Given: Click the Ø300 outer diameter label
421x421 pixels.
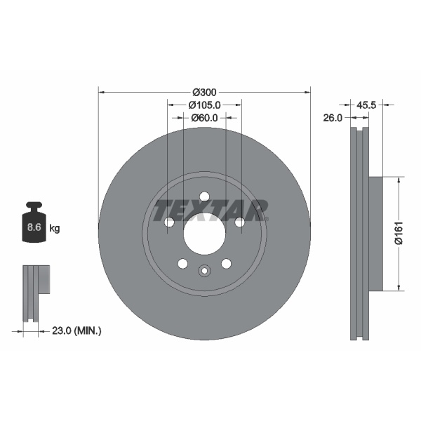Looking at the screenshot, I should [204, 92].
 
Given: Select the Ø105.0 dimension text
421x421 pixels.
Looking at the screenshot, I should [204, 105].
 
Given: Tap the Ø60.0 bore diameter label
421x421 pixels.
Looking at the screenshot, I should [204, 118].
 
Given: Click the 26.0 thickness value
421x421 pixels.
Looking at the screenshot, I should [333, 118].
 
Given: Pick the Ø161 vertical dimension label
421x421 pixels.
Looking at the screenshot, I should [397, 233].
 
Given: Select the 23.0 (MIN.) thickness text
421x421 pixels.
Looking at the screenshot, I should [77, 330].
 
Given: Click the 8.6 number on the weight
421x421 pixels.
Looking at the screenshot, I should [33, 228].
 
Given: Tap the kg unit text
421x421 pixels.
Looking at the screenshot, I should [55, 228].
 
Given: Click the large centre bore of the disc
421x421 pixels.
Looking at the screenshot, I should [204, 234].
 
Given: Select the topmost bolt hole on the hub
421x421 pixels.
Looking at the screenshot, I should [204, 196].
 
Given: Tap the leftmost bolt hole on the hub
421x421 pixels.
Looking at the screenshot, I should [169, 222].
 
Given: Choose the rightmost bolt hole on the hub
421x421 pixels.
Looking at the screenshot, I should [239, 222].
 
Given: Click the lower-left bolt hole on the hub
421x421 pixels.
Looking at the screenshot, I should [182, 263].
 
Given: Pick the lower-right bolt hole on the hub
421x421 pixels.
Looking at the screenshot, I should [226, 263].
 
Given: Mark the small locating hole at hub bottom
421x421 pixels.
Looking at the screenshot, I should [204, 270].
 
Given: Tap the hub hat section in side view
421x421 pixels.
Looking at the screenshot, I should [376, 233].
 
